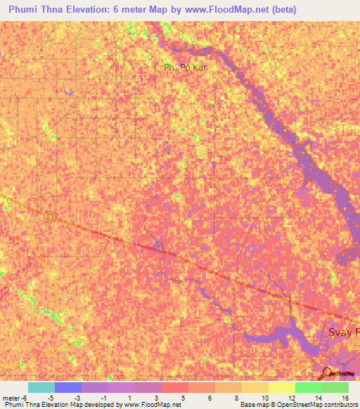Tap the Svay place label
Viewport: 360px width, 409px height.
(x=344, y=332)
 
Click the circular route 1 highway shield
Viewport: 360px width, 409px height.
(x=50, y=217)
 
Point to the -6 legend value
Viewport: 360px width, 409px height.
(x=24, y=398)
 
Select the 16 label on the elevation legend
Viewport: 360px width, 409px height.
(x=346, y=398)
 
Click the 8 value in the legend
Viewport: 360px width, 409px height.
(x=238, y=398)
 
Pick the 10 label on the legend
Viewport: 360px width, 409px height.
(x=264, y=398)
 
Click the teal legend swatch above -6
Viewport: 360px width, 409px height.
(x=41, y=387)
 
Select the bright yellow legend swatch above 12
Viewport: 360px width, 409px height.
(x=281, y=387)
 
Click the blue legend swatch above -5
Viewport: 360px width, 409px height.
(x=67, y=387)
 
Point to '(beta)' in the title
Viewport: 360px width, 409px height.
(x=281, y=9)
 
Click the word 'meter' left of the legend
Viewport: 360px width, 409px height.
(x=10, y=398)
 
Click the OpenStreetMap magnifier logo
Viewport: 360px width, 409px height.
(x=326, y=374)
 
